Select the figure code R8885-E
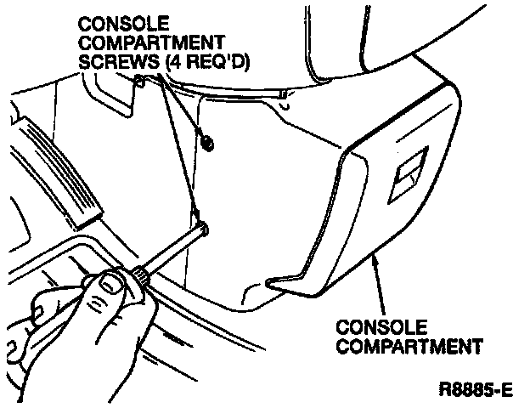point(476,391)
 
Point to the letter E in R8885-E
point(507,391)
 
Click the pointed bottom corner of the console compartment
point(270,281)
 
